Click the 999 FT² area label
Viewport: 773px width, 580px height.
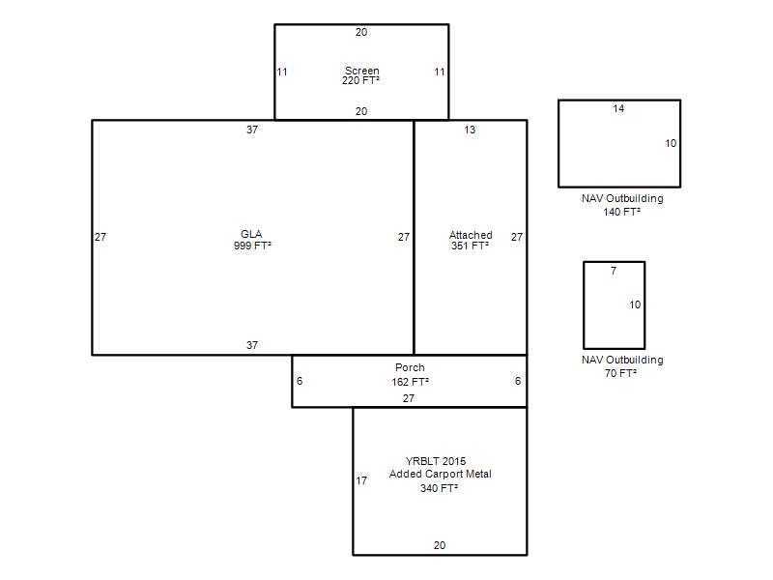(x=252, y=246)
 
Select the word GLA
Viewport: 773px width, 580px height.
(x=251, y=234)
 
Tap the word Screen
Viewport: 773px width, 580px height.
(x=361, y=71)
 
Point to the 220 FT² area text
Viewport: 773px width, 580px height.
(x=360, y=81)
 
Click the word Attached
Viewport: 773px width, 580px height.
(x=471, y=235)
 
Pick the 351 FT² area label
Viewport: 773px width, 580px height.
(x=470, y=246)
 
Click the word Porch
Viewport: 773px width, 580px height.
(x=410, y=367)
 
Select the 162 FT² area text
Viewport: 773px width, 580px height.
(x=410, y=382)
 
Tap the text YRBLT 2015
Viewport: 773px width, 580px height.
(x=436, y=461)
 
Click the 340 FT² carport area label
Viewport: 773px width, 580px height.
(x=439, y=488)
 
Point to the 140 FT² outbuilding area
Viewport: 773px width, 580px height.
(x=621, y=212)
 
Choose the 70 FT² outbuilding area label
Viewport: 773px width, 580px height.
(x=620, y=373)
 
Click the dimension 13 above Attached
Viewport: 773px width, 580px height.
(x=470, y=130)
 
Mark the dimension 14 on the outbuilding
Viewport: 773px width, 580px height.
(x=618, y=108)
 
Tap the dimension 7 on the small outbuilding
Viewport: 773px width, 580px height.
(x=614, y=271)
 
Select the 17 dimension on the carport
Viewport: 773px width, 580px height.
(x=361, y=480)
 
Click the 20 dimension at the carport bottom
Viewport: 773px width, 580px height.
(x=440, y=545)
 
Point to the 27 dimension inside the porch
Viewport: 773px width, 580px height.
(x=409, y=398)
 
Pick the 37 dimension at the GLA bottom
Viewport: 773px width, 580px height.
(x=252, y=345)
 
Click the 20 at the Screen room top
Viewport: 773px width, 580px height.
(x=361, y=32)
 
